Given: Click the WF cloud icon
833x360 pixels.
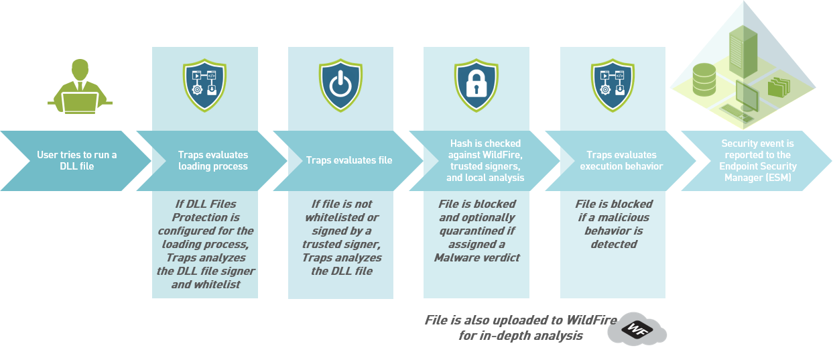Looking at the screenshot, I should tap(637, 328).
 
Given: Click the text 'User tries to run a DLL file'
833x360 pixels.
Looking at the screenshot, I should tap(76, 161).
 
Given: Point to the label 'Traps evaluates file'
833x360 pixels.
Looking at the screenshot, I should tap(349, 160).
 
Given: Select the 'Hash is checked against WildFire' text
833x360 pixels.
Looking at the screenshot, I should tap(485, 149).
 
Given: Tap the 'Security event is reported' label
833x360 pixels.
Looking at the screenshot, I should tap(757, 148).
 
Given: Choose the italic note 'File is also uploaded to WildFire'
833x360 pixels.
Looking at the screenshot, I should tap(520, 320).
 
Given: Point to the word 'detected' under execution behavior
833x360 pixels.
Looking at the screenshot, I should tap(613, 244).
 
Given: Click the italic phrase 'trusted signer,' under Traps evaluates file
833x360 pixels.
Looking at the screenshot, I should tap(342, 244).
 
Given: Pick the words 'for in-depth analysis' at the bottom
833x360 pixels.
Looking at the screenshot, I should tap(520, 335).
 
